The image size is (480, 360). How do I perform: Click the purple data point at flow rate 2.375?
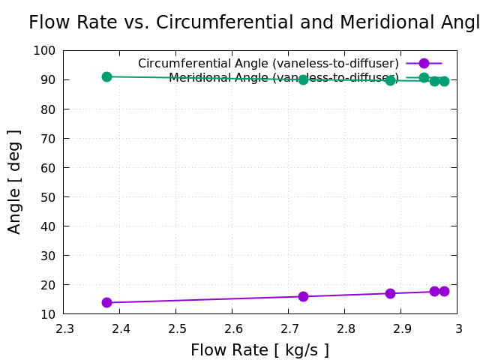point(106,302)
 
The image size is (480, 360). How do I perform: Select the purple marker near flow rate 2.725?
point(303,296)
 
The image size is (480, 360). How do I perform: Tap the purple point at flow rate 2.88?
point(390,293)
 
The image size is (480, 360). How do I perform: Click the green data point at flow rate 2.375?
point(106,76)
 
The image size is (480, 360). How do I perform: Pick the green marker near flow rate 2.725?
point(303,79)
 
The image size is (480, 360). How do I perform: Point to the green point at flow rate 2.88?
point(390,80)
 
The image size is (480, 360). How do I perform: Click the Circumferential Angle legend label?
point(268,64)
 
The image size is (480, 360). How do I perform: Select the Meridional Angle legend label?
point(283,78)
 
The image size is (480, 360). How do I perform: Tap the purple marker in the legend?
point(424,64)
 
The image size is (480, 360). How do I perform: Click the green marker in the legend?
point(424,78)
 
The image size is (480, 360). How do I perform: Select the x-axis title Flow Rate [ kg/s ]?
point(259,350)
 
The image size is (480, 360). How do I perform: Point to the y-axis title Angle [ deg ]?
point(15,181)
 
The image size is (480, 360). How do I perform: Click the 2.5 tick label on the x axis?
point(176,328)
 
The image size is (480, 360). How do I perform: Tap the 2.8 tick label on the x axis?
point(345,328)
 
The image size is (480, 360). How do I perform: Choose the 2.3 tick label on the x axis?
point(64,328)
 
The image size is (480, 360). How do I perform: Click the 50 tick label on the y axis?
point(47,196)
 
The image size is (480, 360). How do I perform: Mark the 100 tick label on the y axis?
point(44,50)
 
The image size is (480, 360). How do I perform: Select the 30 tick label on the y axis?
point(47,255)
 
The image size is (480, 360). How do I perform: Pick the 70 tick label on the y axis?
point(47,138)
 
